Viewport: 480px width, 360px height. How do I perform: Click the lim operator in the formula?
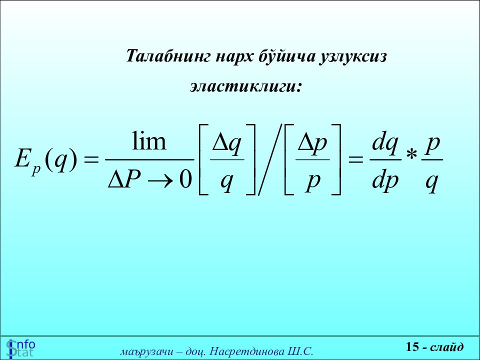(149, 141)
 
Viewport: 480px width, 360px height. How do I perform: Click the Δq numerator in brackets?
(227, 144)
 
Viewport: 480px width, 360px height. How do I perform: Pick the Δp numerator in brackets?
(312, 144)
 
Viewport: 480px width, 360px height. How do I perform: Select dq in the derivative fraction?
(385, 144)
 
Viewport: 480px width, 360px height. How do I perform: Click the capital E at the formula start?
(22, 158)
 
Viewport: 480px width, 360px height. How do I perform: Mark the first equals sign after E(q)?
(91, 159)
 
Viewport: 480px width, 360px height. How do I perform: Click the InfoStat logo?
(21, 348)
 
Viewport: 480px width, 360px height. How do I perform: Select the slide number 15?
(412, 346)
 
